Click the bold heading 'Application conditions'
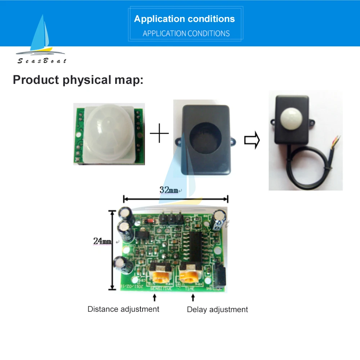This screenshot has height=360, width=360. point(184,19)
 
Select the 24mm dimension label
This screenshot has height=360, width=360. point(102,241)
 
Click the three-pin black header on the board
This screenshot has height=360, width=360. point(170,217)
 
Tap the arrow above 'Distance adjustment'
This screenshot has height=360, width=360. point(154,297)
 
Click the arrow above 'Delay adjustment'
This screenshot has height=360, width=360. point(193,297)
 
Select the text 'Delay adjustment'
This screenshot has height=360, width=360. point(217,309)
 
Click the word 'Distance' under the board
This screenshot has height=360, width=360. point(103,309)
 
